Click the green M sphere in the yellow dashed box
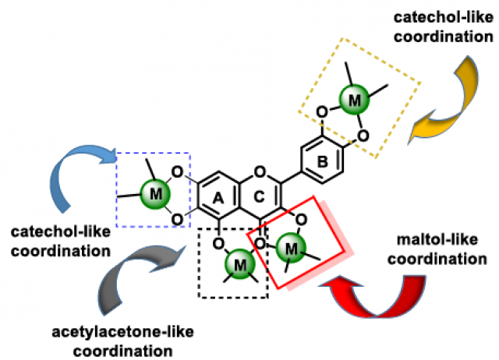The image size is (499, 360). [x=355, y=101]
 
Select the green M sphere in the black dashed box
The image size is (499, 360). [x=239, y=266]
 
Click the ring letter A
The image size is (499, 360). [x=219, y=200]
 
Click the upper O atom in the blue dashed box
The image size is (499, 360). [x=178, y=171]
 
